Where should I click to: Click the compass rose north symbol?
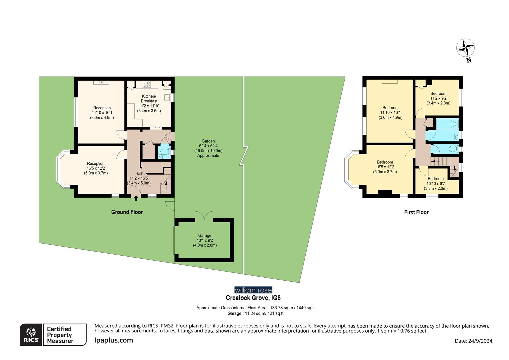465,49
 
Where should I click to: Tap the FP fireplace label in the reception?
101,82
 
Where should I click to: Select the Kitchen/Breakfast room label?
149,99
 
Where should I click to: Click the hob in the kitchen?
147,84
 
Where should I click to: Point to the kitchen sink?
166,97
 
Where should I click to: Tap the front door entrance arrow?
136,199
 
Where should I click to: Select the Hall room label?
139,174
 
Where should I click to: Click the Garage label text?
205,235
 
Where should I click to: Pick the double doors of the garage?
204,215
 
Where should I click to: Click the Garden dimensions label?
208,148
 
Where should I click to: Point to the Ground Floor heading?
127,212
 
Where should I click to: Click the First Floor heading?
416,212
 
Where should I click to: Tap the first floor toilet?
452,149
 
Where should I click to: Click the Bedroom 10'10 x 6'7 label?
436,183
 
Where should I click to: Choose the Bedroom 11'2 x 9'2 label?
438,98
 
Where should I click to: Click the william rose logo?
253,290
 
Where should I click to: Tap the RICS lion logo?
31,335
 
